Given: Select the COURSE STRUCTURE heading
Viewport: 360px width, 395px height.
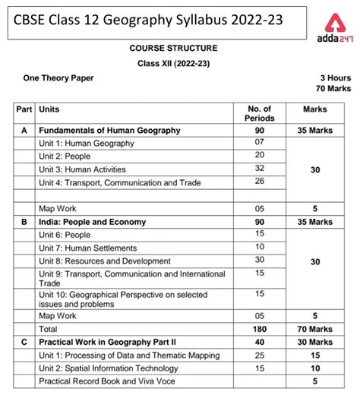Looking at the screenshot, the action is coord(178,48).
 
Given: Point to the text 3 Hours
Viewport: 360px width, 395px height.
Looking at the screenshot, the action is coord(336,77).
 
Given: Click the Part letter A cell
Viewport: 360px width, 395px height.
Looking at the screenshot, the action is coord(24,131).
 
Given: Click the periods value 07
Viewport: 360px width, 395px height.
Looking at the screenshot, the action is coord(259,143).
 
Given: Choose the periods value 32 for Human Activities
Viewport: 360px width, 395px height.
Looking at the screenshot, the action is coord(259,169).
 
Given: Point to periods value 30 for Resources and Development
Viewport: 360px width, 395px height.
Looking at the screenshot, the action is coord(259,261).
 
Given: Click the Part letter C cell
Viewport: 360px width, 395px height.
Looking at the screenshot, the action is coord(24,342).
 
